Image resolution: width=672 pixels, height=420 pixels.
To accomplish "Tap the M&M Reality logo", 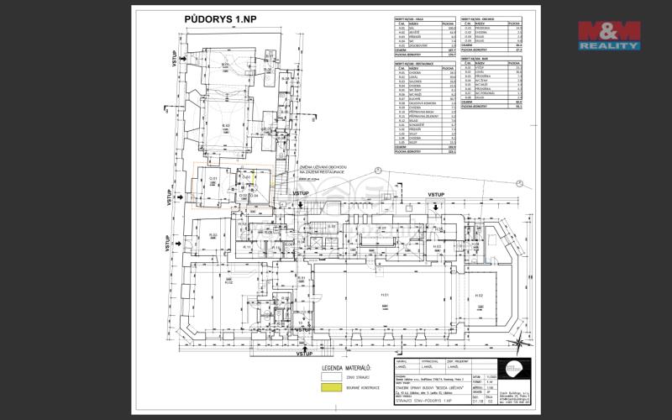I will click(x=608, y=34).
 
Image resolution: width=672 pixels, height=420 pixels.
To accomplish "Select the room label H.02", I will click(x=480, y=296).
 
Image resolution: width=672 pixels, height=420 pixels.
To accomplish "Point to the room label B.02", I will click(x=226, y=125).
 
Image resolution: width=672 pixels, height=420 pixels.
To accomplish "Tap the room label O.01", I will click(x=213, y=179).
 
